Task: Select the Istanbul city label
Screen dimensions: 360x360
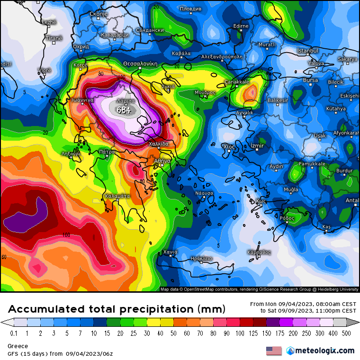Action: tap(307, 51)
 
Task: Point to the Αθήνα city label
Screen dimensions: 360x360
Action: tap(162, 161)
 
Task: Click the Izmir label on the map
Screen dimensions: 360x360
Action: tap(257, 146)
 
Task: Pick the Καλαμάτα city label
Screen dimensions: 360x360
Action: tap(117, 196)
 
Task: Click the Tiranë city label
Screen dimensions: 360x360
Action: tap(54, 38)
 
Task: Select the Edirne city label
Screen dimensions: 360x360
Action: tap(241, 26)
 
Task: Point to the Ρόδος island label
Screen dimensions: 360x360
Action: tap(287, 218)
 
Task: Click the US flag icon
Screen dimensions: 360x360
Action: tap(274, 351)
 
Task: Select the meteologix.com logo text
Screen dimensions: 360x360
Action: tap(324, 351)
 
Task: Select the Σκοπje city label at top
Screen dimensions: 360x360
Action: tap(99, 14)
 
